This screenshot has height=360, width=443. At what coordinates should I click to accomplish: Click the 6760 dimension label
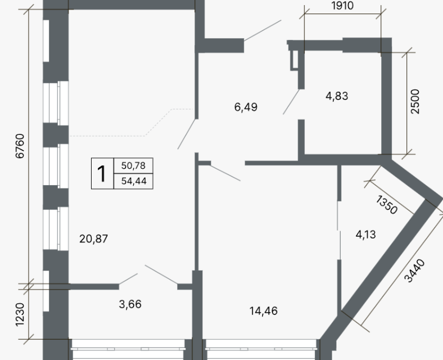[x=20, y=146]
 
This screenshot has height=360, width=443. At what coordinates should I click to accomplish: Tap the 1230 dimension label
[x=20, y=314]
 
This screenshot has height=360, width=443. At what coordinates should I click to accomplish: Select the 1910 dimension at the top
[x=342, y=6]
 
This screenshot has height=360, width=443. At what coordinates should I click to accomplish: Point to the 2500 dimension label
[x=415, y=101]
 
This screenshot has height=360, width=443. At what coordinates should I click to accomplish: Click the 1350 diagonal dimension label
[x=387, y=204]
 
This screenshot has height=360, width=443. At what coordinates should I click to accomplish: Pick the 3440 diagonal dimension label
[x=414, y=271]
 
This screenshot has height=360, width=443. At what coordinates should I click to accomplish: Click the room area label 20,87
[x=93, y=239]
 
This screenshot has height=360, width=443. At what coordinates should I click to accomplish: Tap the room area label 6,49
[x=246, y=107]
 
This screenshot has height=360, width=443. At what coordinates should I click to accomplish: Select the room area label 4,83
[x=337, y=96]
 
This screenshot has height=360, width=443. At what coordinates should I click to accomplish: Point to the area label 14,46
[x=264, y=311]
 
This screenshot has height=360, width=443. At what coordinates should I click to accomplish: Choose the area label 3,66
[x=130, y=304]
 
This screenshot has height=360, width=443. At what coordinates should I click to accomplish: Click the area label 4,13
[x=365, y=235]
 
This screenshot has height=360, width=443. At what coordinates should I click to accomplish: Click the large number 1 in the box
[x=101, y=174]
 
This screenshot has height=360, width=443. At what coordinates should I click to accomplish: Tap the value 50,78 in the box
[x=133, y=165]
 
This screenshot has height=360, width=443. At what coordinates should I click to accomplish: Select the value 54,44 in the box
[x=134, y=181]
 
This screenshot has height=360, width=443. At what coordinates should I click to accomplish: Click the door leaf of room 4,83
[x=291, y=102]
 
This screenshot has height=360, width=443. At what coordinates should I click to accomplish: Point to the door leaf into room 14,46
[x=225, y=173]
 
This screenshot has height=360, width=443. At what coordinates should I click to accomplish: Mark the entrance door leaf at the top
[x=263, y=30]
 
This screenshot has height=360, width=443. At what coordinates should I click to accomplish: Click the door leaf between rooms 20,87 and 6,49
[x=187, y=134]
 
